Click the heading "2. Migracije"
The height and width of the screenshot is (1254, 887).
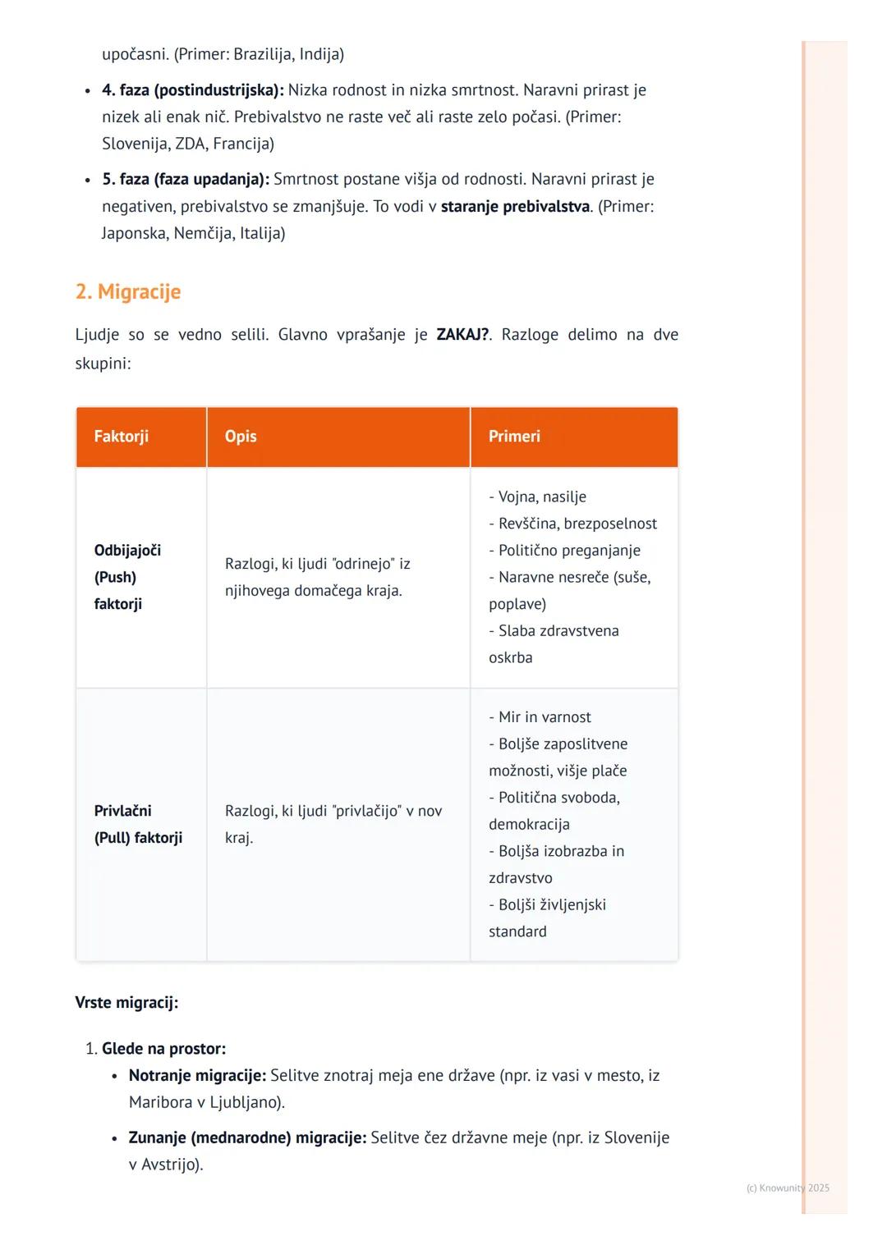click(x=128, y=292)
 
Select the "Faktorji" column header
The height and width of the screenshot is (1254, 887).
click(x=122, y=437)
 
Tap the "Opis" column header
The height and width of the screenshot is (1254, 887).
click(x=241, y=437)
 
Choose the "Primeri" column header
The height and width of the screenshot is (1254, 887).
click(x=514, y=437)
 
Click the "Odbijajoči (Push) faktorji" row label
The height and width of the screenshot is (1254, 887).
click(x=127, y=577)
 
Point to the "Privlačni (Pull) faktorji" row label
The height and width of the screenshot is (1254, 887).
click(x=138, y=824)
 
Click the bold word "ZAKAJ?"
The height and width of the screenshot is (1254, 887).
click(x=462, y=335)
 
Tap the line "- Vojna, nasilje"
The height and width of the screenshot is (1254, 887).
click(x=537, y=497)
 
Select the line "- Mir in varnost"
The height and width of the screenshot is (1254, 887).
click(x=540, y=717)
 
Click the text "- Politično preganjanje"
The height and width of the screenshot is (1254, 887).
click(x=564, y=551)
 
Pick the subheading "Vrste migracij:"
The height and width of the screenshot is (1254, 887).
click(x=126, y=1003)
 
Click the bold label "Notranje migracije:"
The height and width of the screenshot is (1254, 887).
click(x=197, y=1076)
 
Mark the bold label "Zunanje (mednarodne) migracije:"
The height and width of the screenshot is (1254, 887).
click(x=247, y=1138)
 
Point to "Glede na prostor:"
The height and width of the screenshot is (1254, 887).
click(x=163, y=1049)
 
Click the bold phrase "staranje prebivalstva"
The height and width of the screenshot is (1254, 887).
click(x=515, y=207)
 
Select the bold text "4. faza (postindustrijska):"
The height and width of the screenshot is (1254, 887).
click(x=193, y=90)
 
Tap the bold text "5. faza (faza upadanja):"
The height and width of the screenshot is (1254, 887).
click(x=186, y=180)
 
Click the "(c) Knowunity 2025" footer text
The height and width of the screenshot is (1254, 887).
click(x=788, y=1188)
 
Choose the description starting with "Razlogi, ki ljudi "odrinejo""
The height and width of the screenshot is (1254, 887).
click(x=317, y=577)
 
